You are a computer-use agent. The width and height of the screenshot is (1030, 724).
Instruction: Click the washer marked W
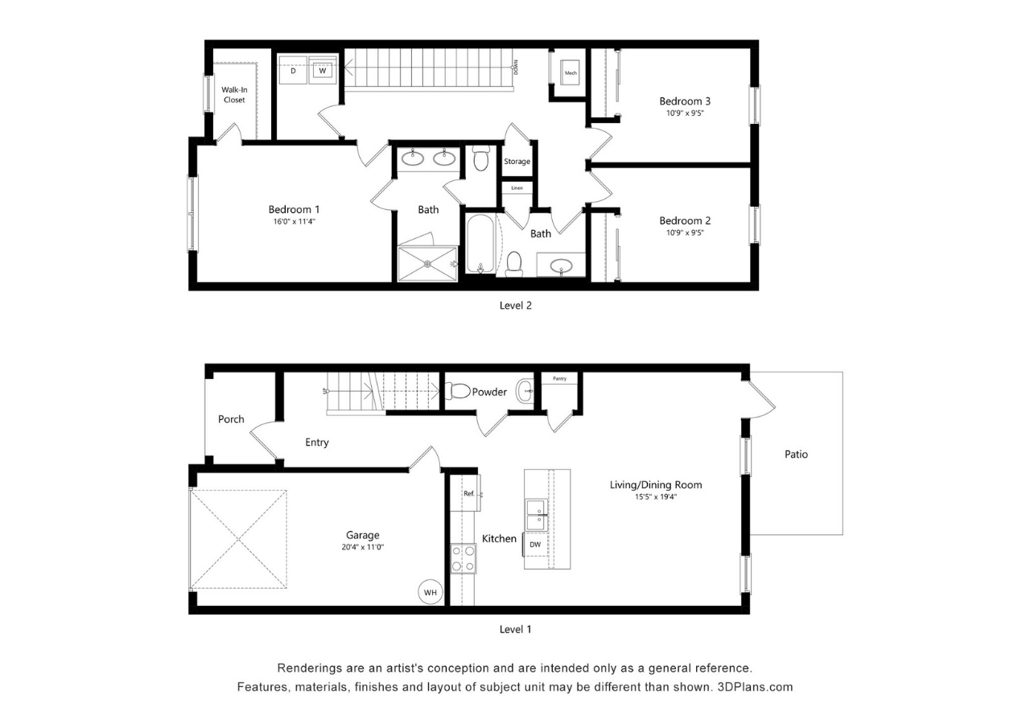pyautogui.click(x=323, y=70)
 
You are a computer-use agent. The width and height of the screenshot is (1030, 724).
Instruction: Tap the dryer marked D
pyautogui.click(x=294, y=70)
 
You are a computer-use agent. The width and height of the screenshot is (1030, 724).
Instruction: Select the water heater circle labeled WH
pyautogui.click(x=431, y=592)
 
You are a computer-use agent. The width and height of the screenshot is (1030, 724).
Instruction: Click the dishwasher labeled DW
pyautogui.click(x=535, y=545)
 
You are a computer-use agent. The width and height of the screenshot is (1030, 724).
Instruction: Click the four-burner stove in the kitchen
pyautogui.click(x=463, y=558)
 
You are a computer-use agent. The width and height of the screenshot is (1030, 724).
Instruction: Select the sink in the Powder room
pyautogui.click(x=525, y=390)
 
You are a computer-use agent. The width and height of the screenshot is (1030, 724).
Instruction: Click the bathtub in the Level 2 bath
pyautogui.click(x=481, y=244)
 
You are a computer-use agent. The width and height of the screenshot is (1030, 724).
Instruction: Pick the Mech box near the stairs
pyautogui.click(x=571, y=72)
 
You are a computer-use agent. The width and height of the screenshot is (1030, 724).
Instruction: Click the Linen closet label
pyautogui.click(x=517, y=188)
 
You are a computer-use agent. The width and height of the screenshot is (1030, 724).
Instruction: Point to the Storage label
pyautogui.click(x=517, y=162)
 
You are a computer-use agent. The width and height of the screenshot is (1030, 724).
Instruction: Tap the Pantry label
pyautogui.click(x=559, y=379)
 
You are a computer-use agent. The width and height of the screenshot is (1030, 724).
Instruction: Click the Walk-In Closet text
pyautogui.click(x=234, y=95)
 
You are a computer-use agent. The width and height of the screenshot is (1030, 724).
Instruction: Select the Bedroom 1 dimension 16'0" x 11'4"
pyautogui.click(x=295, y=221)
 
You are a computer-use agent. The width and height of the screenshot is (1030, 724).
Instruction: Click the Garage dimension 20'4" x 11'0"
pyautogui.click(x=363, y=547)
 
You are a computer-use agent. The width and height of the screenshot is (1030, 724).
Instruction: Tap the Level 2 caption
pyautogui.click(x=516, y=305)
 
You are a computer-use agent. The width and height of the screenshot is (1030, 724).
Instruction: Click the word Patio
pyautogui.click(x=796, y=455)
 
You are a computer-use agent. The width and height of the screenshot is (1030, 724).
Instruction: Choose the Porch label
pyautogui.click(x=231, y=419)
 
